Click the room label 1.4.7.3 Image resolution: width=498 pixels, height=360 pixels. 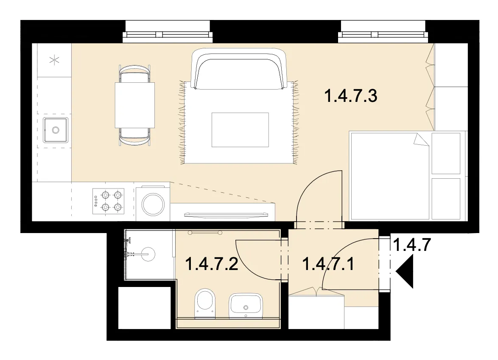[351, 96]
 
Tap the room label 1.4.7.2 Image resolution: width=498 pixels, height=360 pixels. [212, 264]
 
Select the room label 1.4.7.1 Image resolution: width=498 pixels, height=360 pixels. [328, 264]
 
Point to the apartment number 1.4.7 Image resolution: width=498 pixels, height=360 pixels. [411, 245]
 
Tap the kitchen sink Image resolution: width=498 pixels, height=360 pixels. [56, 130]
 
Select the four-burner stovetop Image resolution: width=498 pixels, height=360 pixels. [108, 201]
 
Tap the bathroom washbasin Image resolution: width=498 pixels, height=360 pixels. [246, 306]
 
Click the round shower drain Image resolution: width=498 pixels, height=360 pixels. [148, 254]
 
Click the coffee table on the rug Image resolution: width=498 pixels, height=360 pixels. [240, 129]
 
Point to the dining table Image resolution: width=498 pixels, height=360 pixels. [135, 105]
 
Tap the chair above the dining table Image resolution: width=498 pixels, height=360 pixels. [134, 74]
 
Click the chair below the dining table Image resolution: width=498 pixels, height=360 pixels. [134, 137]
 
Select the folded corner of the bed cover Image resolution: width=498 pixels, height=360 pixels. [421, 139]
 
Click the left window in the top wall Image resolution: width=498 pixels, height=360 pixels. [168, 31]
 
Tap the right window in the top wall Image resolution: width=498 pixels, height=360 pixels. [383, 31]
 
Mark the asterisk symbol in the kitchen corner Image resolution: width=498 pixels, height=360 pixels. [55, 60]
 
